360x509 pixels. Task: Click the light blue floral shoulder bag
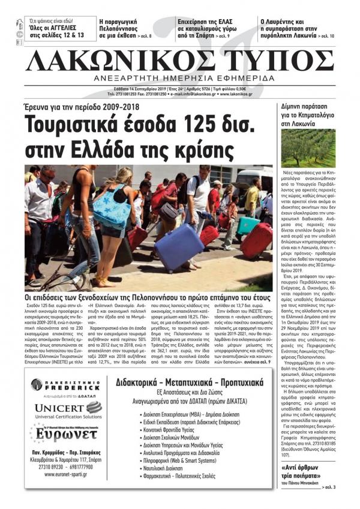[x=112, y=207]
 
